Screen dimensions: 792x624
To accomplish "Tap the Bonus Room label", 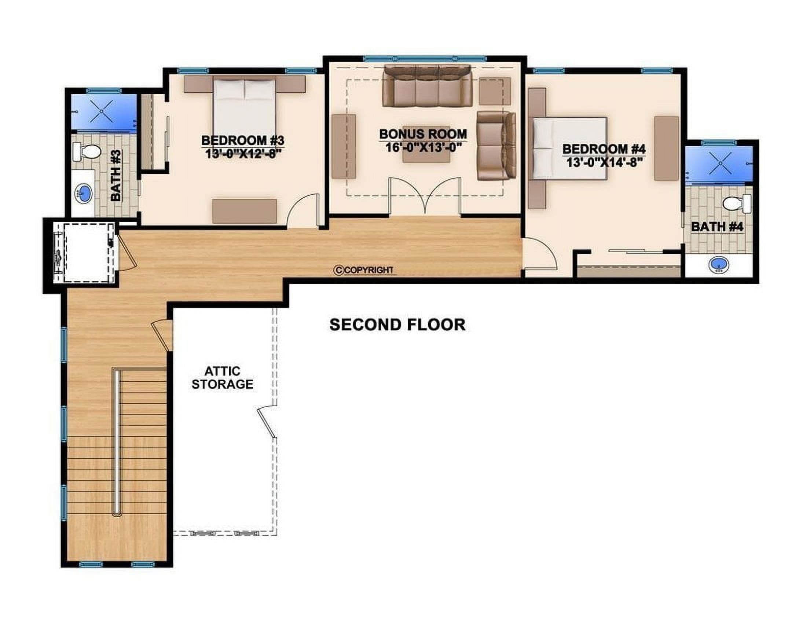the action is tap(423, 134).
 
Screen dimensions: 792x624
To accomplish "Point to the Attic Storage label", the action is tap(223, 378).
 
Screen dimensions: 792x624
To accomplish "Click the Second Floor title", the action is tap(397, 325).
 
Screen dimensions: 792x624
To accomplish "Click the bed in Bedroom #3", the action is tap(245, 111).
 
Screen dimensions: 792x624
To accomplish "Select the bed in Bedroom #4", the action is tap(569, 148).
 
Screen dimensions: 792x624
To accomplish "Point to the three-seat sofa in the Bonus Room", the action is tap(427, 86).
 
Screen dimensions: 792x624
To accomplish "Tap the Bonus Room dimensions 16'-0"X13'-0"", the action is tap(423, 147).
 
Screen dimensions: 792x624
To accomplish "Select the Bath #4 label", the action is tap(717, 227).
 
